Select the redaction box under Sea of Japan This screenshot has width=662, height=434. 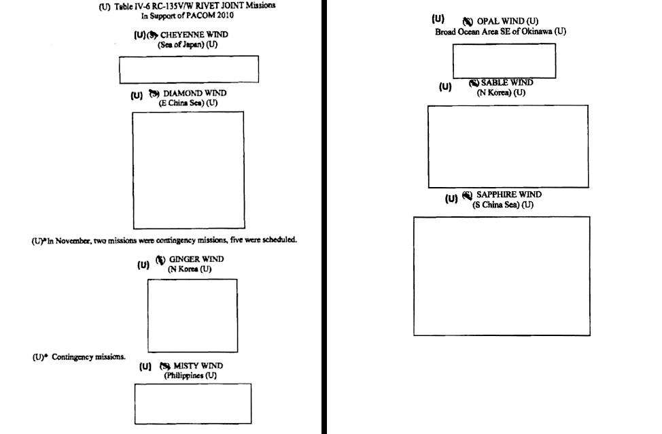(x=189, y=69)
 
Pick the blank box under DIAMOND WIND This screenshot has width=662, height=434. (x=188, y=170)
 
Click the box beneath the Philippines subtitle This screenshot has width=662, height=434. (x=192, y=403)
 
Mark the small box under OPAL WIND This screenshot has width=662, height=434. (x=504, y=61)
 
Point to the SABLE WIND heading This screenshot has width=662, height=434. (x=507, y=83)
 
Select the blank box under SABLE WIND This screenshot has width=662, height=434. (x=508, y=146)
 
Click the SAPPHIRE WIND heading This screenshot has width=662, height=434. (x=508, y=195)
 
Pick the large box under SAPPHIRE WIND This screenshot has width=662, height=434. (x=502, y=276)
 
